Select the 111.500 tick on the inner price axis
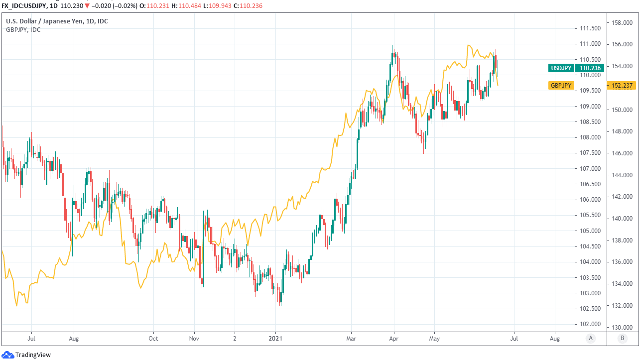[x=590, y=29]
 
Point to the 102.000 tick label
[x=590, y=324]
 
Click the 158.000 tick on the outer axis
[x=622, y=23]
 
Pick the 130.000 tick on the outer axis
[x=622, y=327]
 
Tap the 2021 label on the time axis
[x=275, y=339]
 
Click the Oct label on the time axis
[x=153, y=339]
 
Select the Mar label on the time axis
[x=351, y=339]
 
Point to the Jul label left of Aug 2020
[x=31, y=339]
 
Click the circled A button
[x=591, y=339]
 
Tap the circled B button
[x=622, y=339]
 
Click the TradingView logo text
[x=33, y=355]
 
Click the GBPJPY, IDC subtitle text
[x=23, y=29]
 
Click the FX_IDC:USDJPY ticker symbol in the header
[x=24, y=6]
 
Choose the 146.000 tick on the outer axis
[x=622, y=153]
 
